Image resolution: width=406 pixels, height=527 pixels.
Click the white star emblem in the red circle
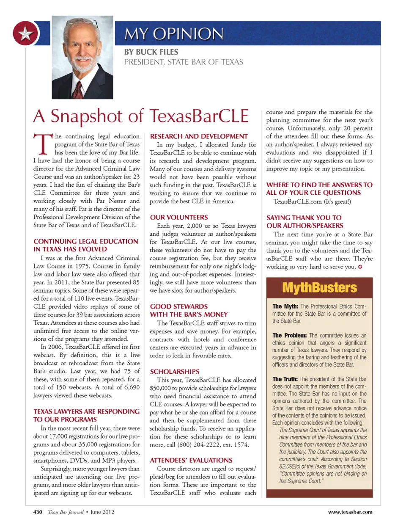pyautogui.click(x=25, y=33)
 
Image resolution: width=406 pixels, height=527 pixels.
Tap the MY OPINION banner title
pyautogui.click(x=174, y=34)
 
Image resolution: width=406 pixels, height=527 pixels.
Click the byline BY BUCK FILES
pyautogui.click(x=151, y=52)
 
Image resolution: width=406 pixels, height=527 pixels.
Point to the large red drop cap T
pyautogui.click(x=42, y=144)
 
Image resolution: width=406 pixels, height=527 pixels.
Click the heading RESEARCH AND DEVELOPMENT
pyautogui.click(x=199, y=136)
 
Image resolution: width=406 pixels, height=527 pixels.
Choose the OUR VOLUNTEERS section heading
pyautogui.click(x=179, y=217)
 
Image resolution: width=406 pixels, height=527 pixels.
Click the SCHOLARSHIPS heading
pyautogui.click(x=175, y=371)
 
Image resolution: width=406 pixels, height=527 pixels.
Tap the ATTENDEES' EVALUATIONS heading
pyautogui.click(x=191, y=460)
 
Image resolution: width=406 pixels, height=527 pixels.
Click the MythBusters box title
pyautogui.click(x=319, y=288)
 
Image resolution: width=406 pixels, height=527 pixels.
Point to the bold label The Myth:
pyautogui.click(x=285, y=306)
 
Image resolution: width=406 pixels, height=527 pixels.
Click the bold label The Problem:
pyautogui.click(x=289, y=335)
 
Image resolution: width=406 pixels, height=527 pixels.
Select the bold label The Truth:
pyautogui.click(x=285, y=379)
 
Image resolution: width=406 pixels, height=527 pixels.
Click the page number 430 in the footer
pyautogui.click(x=38, y=512)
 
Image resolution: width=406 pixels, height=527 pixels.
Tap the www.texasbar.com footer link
pyautogui.click(x=350, y=512)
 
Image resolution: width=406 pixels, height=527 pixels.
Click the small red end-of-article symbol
pyautogui.click(x=360, y=267)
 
